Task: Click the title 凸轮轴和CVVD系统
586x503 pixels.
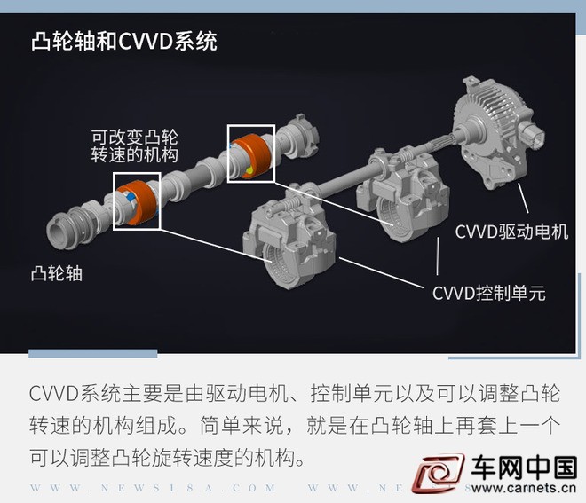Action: coord(123,41)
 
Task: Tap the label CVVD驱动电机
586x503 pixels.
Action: coord(511,232)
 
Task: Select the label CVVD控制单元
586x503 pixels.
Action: coord(489,293)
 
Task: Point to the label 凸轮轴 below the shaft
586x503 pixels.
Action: coord(57,273)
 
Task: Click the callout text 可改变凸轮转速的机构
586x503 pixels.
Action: coord(135,146)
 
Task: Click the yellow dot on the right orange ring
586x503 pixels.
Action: coord(249,170)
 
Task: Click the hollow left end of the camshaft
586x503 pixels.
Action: coord(59,232)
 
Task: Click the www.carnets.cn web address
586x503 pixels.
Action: coord(524,488)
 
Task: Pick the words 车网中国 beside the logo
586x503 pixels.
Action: coord(524,468)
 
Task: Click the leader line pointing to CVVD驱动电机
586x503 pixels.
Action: coord(523,199)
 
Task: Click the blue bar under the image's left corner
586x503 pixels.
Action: coord(92,353)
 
